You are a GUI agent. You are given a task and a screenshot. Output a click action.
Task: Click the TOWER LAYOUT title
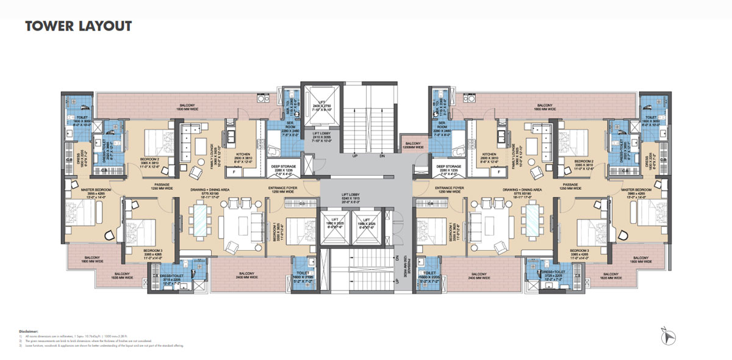(x=78, y=26)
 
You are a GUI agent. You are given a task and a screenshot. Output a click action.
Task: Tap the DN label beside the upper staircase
(x=382, y=156)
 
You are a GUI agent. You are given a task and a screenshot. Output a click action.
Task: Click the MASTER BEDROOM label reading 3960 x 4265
(x=637, y=192)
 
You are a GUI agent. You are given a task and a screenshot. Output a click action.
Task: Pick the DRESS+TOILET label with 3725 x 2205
(x=556, y=276)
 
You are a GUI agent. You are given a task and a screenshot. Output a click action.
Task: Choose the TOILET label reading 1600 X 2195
(x=304, y=276)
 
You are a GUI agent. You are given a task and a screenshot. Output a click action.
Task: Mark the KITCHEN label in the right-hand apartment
(x=490, y=156)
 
